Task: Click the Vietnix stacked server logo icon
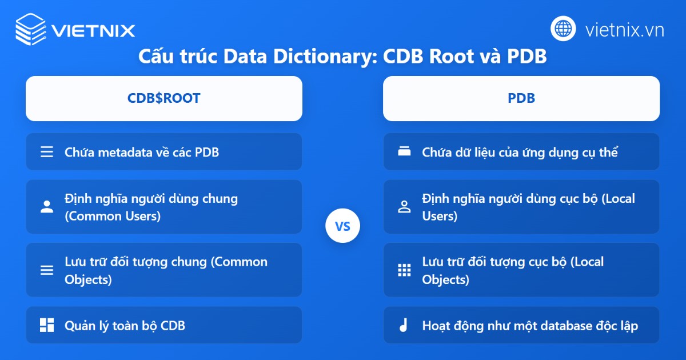point(30,29)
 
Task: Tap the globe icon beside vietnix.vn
point(563,29)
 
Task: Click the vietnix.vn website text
point(624,30)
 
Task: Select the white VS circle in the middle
point(342,227)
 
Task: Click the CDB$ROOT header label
point(163,98)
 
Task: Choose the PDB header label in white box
point(521,98)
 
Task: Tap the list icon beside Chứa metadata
point(47,152)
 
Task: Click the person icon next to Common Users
point(47,207)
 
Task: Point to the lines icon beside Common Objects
point(47,270)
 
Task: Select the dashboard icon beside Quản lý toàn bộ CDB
point(47,326)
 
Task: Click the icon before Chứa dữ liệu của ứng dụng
point(404,152)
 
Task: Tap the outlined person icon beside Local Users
point(404,207)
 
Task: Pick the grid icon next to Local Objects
point(404,270)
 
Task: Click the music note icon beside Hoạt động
point(404,326)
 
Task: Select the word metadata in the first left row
point(128,153)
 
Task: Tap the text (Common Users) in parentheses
point(113,216)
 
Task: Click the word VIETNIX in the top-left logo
point(93,30)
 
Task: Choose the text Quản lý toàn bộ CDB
point(125,326)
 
